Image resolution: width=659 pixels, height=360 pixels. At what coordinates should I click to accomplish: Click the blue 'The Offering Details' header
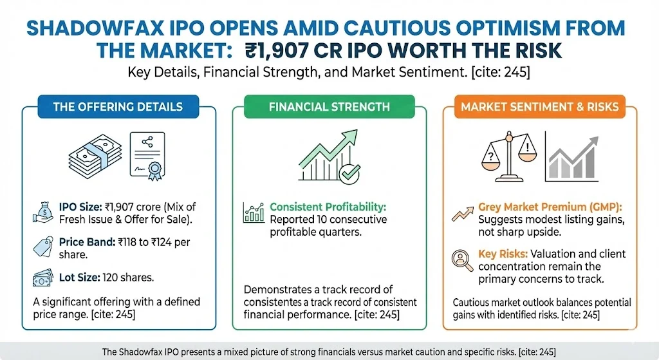pyautogui.click(x=118, y=106)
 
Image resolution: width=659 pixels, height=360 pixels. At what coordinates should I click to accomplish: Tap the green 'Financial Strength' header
pyautogui.click(x=329, y=106)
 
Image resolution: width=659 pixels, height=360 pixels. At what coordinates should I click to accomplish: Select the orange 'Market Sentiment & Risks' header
pyautogui.click(x=541, y=106)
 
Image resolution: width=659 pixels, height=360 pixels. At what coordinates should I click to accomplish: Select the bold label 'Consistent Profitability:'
pyautogui.click(x=328, y=207)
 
